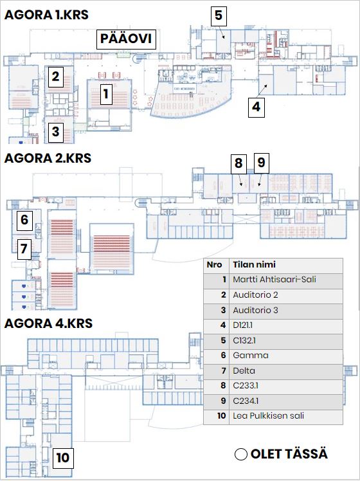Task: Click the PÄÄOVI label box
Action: (x=127, y=39)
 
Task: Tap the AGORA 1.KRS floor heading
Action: (x=46, y=15)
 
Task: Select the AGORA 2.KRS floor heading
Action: (x=48, y=158)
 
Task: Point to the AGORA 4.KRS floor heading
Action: (x=48, y=323)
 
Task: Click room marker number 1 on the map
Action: (x=106, y=94)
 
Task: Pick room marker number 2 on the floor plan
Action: (x=55, y=77)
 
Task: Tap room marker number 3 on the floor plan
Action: (x=55, y=131)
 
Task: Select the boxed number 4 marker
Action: (x=256, y=107)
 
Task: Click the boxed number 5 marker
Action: (x=219, y=15)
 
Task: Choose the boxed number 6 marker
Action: (x=24, y=220)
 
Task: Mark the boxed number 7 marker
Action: (x=24, y=249)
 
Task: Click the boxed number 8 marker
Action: (x=239, y=163)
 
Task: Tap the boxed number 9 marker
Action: (x=262, y=162)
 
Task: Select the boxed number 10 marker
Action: (x=63, y=458)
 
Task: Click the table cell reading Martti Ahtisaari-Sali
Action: (x=286, y=280)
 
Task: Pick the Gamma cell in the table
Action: (x=286, y=355)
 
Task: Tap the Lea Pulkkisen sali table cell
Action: (x=286, y=416)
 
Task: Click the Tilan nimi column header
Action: (x=286, y=264)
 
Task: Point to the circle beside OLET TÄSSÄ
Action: (x=241, y=454)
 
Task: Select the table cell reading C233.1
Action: (x=286, y=386)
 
